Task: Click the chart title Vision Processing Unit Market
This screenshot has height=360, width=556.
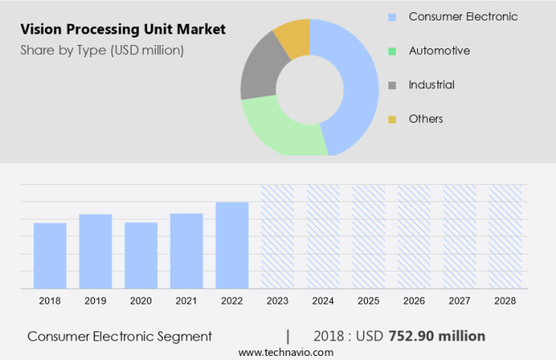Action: pyautogui.click(x=123, y=29)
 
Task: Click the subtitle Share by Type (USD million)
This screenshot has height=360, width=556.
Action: pyautogui.click(x=101, y=51)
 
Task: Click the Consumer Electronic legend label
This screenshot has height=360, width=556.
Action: pyautogui.click(x=463, y=16)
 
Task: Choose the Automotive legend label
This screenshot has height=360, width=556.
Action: pyautogui.click(x=439, y=51)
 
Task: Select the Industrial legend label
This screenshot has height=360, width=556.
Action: pyautogui.click(x=432, y=85)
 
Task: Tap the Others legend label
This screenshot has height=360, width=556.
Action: pyautogui.click(x=425, y=119)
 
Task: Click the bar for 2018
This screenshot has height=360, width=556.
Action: pyautogui.click(x=50, y=255)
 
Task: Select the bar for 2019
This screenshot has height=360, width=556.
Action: pyautogui.click(x=96, y=251)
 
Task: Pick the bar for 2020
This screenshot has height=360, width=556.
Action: pyautogui.click(x=141, y=255)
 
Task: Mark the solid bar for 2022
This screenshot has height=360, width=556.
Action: pyautogui.click(x=232, y=245)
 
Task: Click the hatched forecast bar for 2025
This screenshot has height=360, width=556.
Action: pyautogui.click(x=369, y=236)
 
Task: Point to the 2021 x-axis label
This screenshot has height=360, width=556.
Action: pyautogui.click(x=186, y=301)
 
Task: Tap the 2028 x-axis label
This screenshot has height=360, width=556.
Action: pyautogui.click(x=505, y=301)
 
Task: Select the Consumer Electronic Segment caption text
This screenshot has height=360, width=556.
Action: pyautogui.click(x=119, y=336)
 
